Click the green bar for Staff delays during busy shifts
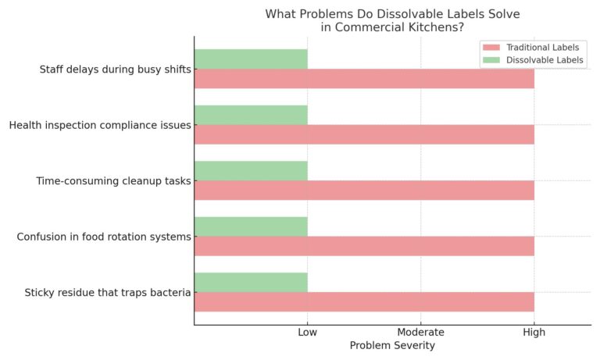[251, 59]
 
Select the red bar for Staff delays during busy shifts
[364, 79]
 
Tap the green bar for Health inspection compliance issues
[251, 115]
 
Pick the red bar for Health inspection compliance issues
[364, 134]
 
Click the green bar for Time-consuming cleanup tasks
[251, 171]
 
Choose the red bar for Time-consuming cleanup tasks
[364, 190]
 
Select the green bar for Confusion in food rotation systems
[251, 226]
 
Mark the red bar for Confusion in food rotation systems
[364, 246]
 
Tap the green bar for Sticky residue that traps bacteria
[251, 282]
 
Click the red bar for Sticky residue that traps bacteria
[364, 301]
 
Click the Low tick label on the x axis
[308, 333]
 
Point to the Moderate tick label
[421, 333]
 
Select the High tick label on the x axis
[534, 333]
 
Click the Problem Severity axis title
[392, 345]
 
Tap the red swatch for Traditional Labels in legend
[492, 48]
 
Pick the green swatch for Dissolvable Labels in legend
[492, 60]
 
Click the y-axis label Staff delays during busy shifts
[115, 70]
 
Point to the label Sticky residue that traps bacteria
[107, 293]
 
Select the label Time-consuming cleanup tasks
[113, 181]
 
